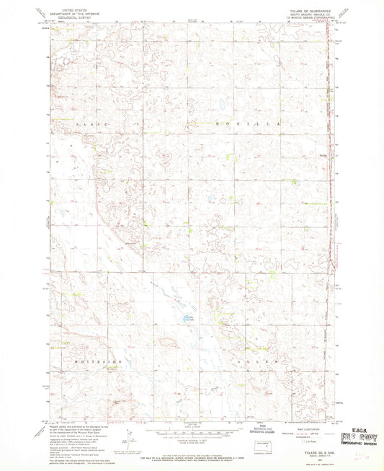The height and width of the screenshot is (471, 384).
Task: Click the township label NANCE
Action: [91, 125]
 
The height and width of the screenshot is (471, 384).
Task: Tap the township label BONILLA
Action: [246, 124]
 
